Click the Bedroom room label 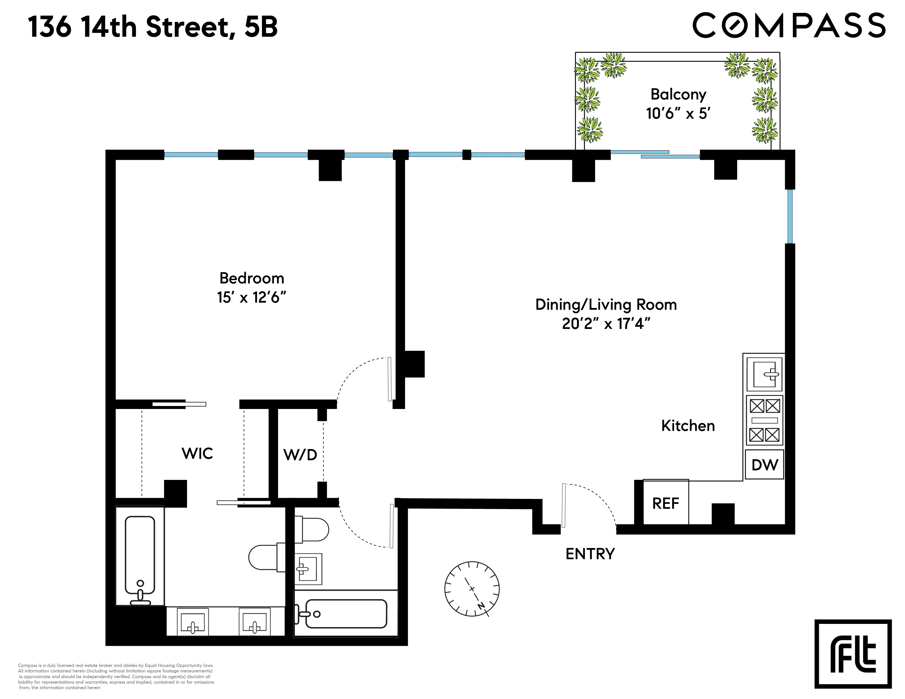(251, 278)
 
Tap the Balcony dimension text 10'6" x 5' (678, 113)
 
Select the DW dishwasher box (765, 465)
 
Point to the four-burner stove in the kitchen (765, 420)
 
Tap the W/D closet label (300, 455)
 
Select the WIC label (197, 453)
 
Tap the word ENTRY (590, 554)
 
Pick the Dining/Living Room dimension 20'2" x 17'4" (606, 323)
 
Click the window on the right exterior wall (790, 216)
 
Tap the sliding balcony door (655, 154)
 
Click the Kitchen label (688, 426)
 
